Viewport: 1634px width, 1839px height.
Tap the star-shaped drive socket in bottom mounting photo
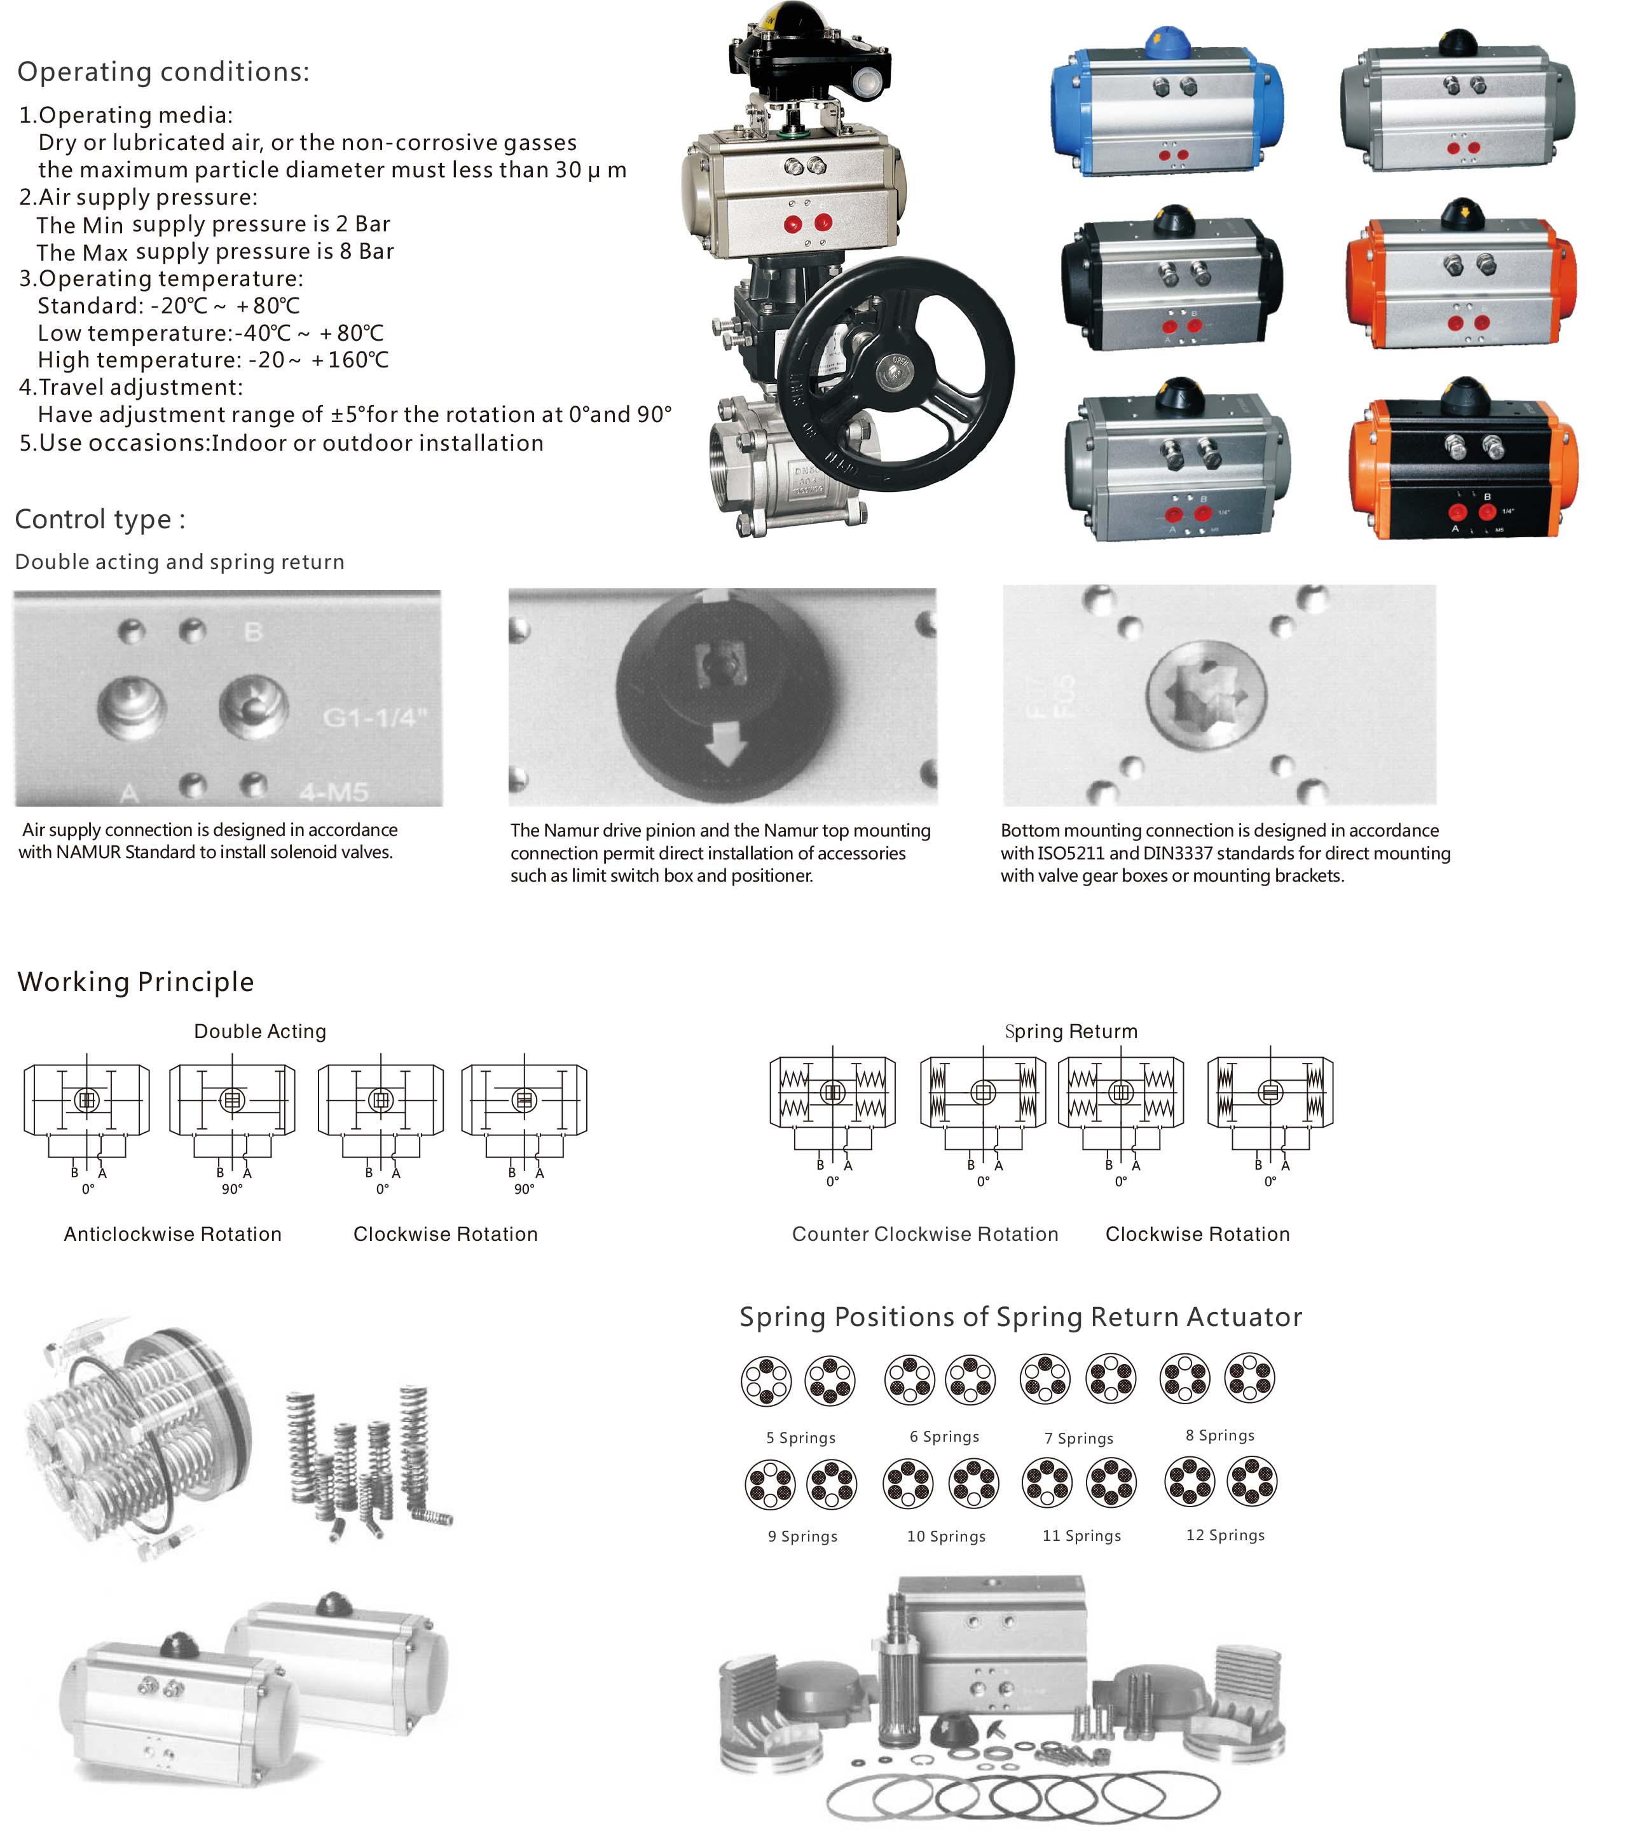click(x=1205, y=695)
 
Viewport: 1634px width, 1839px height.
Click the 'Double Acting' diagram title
click(x=260, y=1031)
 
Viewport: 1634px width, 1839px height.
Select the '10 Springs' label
click(x=947, y=1536)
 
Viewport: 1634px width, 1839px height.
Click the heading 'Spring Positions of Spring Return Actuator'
click(x=1020, y=1317)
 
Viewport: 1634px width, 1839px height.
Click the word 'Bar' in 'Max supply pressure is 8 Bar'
click(x=376, y=251)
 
